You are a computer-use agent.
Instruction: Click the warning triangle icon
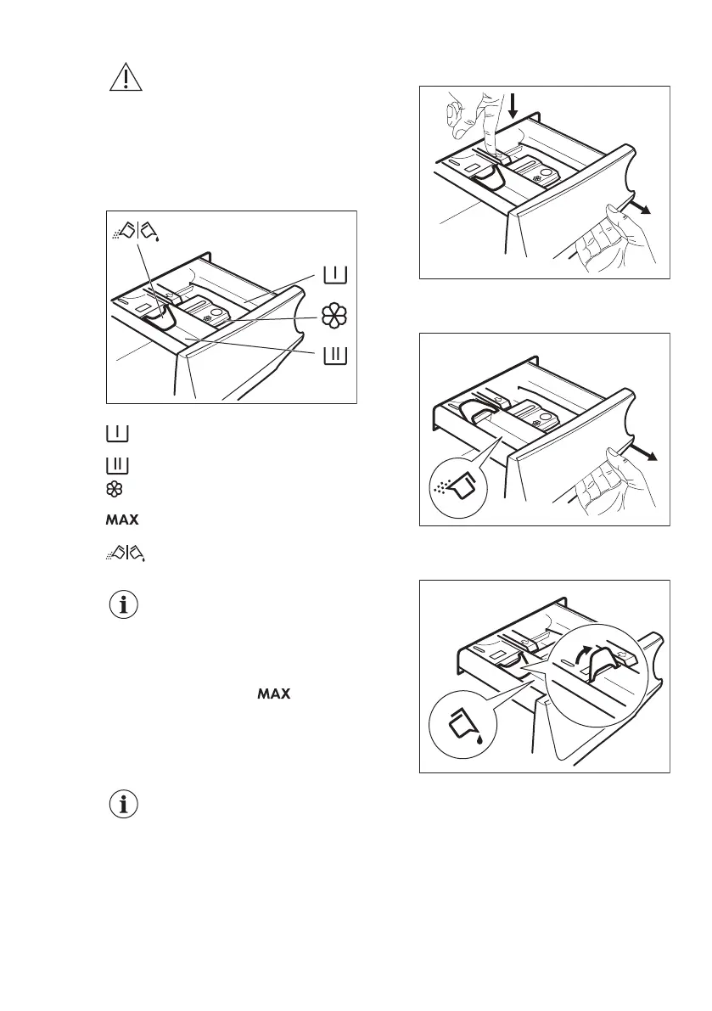pyautogui.click(x=125, y=78)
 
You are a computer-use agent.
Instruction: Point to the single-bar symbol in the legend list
pyautogui.click(x=117, y=434)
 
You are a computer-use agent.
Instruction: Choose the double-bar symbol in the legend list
pyautogui.click(x=117, y=464)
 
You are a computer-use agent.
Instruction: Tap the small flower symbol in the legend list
pyautogui.click(x=117, y=489)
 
